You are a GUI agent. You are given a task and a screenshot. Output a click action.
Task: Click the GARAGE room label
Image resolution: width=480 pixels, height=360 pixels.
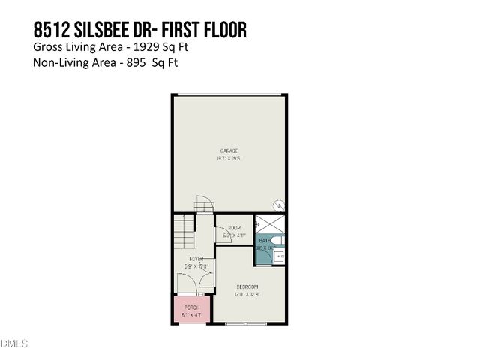coord(229,151)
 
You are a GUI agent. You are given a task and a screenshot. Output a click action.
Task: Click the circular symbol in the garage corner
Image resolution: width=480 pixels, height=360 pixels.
coord(279,205)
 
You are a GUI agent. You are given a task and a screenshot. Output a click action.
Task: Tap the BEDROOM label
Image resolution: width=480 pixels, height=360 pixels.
coord(247,287)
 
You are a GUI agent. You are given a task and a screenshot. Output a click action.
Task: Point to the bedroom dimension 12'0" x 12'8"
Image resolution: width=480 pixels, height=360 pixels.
coord(247,295)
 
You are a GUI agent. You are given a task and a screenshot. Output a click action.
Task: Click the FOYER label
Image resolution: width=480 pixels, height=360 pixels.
coord(196,259)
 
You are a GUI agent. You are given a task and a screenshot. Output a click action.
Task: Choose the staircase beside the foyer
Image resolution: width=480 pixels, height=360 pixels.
coord(184,232)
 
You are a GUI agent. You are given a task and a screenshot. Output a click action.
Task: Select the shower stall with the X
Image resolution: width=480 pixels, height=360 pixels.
coord(269,224)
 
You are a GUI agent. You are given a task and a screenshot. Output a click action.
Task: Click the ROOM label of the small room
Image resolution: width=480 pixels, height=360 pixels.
coord(234,227)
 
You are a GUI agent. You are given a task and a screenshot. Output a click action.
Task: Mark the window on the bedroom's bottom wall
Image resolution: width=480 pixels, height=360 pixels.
coord(246,323)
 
